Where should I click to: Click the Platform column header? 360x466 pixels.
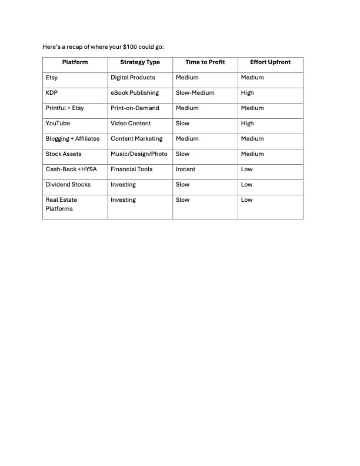[75, 62]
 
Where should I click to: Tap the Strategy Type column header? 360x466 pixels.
[140, 62]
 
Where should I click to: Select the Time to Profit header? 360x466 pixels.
[205, 62]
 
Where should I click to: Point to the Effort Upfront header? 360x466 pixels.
[270, 62]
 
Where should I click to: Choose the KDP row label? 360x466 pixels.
[51, 93]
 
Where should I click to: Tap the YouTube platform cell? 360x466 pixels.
[58, 124]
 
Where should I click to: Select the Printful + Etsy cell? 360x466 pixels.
[65, 108]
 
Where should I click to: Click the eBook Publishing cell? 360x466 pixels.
[135, 93]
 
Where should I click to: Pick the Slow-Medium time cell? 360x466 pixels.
[195, 93]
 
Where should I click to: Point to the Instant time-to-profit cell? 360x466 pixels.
[185, 169]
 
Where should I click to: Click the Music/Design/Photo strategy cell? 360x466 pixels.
[139, 154]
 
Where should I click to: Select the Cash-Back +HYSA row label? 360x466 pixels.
[71, 169]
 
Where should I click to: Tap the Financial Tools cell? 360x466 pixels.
[131, 169]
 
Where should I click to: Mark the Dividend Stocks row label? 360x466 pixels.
[68, 185]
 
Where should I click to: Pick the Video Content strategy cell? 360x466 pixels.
[131, 124]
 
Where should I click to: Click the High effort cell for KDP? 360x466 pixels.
[247, 93]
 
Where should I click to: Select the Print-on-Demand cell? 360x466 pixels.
[135, 108]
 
